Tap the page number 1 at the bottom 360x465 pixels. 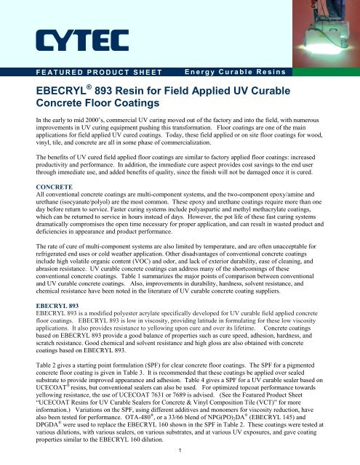[180, 452]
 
